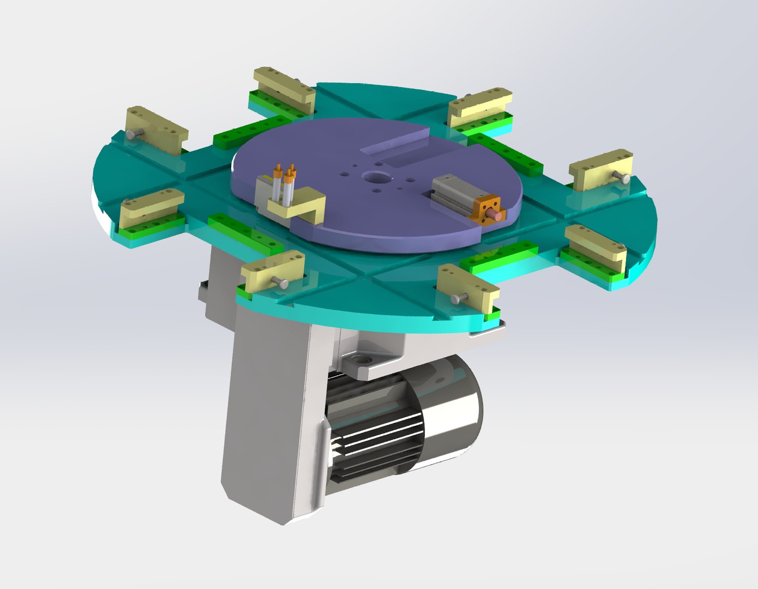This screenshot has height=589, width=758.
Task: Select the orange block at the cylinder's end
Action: [x=488, y=209]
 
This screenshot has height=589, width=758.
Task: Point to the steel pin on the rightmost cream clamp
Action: [x=622, y=176]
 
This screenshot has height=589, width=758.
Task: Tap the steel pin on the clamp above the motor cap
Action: [x=458, y=298]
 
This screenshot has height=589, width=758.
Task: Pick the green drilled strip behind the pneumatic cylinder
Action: [x=504, y=155]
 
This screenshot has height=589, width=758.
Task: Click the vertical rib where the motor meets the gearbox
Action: [x=322, y=453]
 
